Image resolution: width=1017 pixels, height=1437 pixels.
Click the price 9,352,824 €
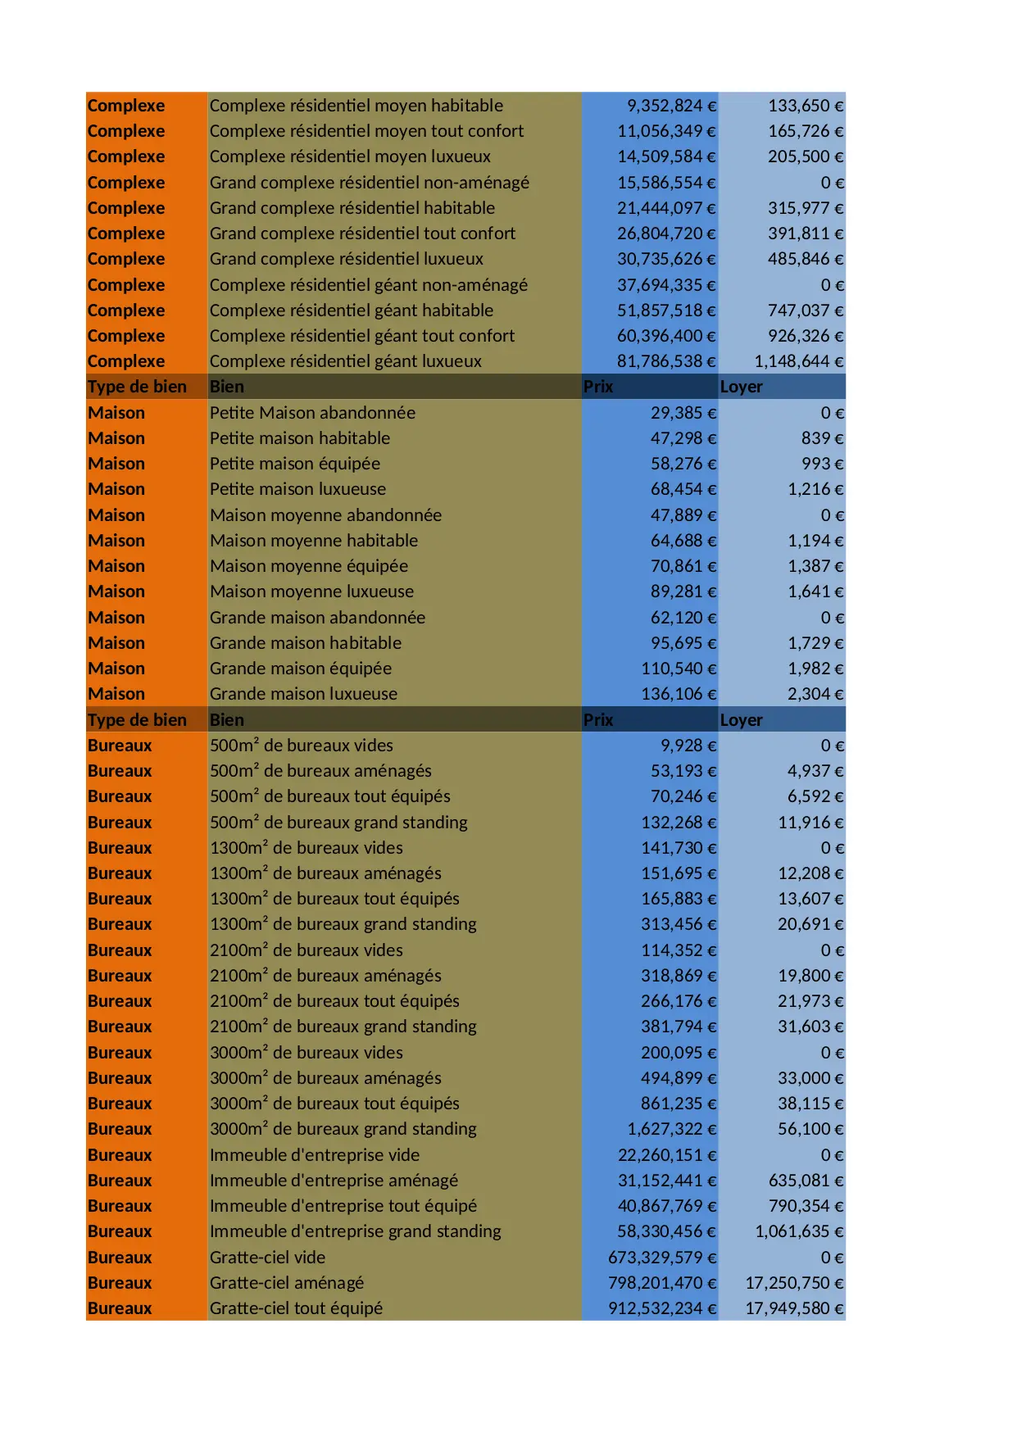point(671,106)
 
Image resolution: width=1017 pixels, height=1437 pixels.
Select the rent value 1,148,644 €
point(798,361)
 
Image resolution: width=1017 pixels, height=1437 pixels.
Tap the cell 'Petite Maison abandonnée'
point(312,413)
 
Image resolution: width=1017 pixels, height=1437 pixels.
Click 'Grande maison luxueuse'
point(303,694)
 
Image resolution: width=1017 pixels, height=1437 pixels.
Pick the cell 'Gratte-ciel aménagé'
point(287,1283)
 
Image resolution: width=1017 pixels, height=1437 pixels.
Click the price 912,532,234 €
point(661,1308)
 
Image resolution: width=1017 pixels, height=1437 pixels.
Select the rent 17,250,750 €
point(793,1283)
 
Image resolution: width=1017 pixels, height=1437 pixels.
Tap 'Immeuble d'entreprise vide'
point(315,1155)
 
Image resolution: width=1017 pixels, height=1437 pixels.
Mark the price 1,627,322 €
point(671,1129)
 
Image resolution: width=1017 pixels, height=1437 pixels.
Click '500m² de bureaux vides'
point(302,746)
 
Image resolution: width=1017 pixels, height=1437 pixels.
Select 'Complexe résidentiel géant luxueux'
point(346,361)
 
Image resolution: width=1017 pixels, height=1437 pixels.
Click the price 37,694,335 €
point(666,285)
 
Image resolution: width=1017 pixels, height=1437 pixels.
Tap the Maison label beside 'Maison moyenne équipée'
point(116,566)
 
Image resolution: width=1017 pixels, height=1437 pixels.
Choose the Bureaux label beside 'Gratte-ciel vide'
point(120,1258)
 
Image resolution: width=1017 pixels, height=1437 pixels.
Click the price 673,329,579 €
point(661,1258)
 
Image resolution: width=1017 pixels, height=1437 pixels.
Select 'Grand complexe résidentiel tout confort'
point(362,233)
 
